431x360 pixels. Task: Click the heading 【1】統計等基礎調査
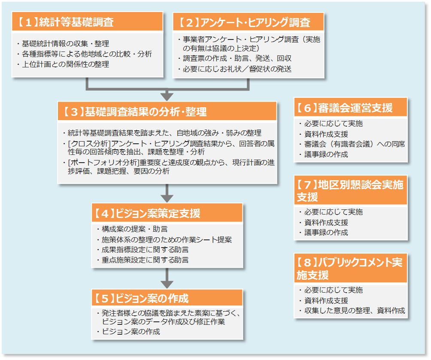coord(67,22)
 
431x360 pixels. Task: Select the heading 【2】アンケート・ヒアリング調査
coord(244,22)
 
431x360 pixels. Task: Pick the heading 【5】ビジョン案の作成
coord(142,298)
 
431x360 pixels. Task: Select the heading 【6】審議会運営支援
coord(345,108)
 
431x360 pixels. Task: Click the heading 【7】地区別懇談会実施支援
coord(350,191)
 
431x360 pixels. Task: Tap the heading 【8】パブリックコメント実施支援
coord(350,268)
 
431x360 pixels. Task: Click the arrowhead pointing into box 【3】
coord(167,96)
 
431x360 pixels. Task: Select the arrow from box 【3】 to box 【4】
coord(167,194)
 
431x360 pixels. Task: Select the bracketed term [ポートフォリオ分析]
coord(102,163)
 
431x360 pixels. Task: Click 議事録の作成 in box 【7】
coord(326,233)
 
